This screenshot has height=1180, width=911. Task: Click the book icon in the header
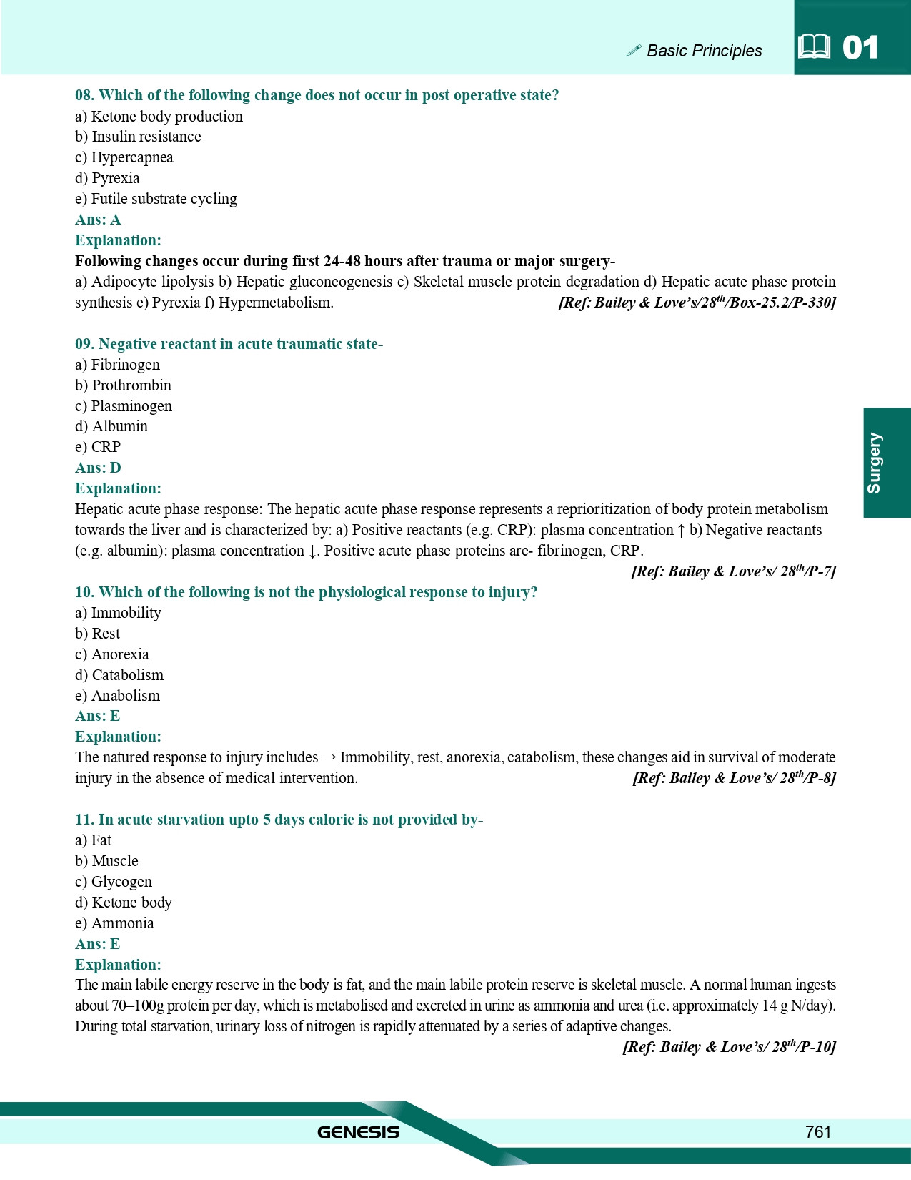(x=814, y=47)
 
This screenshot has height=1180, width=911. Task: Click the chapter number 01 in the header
(x=860, y=48)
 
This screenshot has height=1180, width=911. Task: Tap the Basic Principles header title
(x=704, y=51)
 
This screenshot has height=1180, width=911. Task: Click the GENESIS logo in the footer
(x=358, y=1132)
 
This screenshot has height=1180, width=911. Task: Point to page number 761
(x=818, y=1131)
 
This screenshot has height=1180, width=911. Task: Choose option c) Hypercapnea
(x=124, y=157)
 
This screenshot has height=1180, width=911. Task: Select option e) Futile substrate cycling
(x=156, y=199)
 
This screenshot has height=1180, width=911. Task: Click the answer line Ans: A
(x=98, y=220)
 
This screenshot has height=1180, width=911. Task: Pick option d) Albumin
(x=111, y=426)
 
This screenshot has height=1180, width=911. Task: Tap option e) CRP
(x=98, y=447)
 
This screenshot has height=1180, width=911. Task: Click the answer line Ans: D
(x=98, y=468)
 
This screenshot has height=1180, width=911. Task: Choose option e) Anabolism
(x=117, y=696)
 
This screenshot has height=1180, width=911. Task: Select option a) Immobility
(x=118, y=613)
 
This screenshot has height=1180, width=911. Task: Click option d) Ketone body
(x=124, y=903)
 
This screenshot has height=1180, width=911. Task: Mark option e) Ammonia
(x=114, y=923)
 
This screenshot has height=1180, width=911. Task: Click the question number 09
(x=84, y=344)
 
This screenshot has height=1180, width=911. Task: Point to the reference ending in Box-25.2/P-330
(x=697, y=303)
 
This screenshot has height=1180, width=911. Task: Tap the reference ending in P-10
(x=729, y=1047)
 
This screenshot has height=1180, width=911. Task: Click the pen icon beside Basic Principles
(x=633, y=50)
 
